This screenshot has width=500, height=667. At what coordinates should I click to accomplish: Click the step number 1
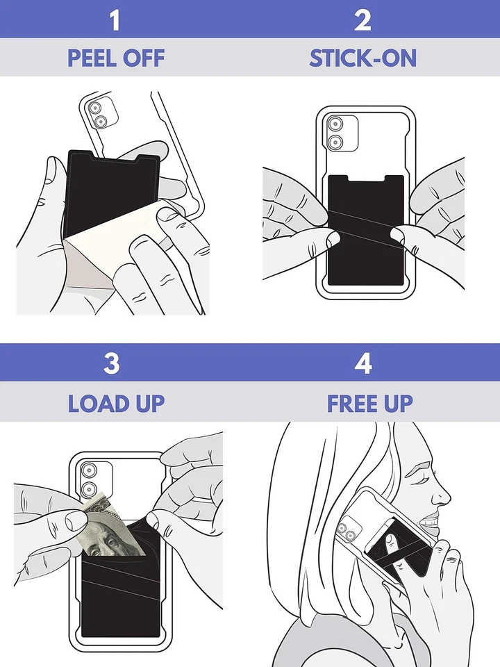115,19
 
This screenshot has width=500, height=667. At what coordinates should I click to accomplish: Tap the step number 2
363,19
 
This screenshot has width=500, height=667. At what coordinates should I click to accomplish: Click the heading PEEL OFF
116,58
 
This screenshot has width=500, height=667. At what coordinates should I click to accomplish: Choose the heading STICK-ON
363,58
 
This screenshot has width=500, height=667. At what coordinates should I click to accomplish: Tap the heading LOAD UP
116,403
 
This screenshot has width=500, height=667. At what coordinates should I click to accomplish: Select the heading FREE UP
370,403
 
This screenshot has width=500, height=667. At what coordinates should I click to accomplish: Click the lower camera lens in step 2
336,143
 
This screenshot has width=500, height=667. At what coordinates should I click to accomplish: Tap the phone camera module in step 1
97,114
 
